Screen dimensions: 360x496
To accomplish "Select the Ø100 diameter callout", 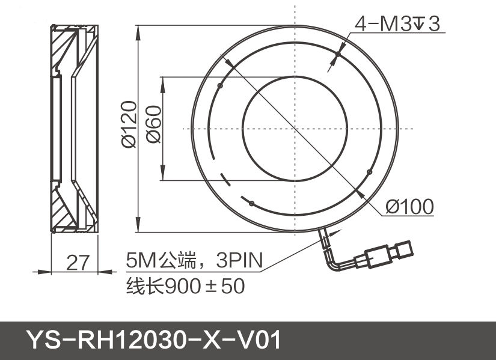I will click(x=409, y=207).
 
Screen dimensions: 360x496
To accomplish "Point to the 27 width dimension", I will click(x=78, y=263).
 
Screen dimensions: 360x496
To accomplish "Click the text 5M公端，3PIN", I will click(x=194, y=261).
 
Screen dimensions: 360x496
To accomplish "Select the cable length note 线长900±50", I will click(x=185, y=286).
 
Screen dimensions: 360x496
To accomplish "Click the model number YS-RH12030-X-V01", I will click(x=154, y=340).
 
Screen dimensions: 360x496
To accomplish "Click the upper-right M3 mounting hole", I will click(x=338, y=55).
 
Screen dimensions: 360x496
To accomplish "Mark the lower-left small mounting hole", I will click(x=252, y=203).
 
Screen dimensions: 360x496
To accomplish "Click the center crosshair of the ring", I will click(x=295, y=128).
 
